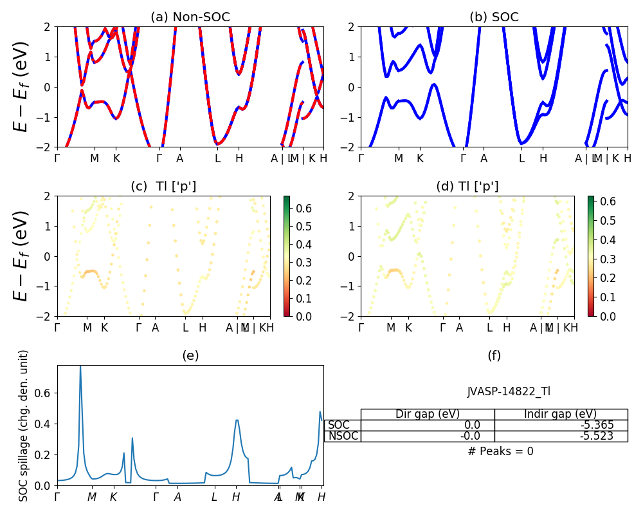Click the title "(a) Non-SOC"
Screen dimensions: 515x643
[x=190, y=17]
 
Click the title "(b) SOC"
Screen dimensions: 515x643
[x=494, y=17]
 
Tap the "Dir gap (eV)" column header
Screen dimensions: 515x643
[x=428, y=414]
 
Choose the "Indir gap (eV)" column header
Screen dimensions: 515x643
[x=561, y=414]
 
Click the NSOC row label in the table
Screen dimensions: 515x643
[x=342, y=436]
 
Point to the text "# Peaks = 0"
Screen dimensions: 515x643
[x=500, y=451]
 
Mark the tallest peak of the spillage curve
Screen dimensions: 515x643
[x=80, y=366]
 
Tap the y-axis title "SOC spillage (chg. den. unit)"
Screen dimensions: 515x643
[x=24, y=426]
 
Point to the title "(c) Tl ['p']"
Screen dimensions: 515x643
[x=163, y=187]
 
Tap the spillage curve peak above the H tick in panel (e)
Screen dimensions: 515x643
[x=237, y=420]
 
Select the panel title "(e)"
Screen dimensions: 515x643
[x=190, y=355]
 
